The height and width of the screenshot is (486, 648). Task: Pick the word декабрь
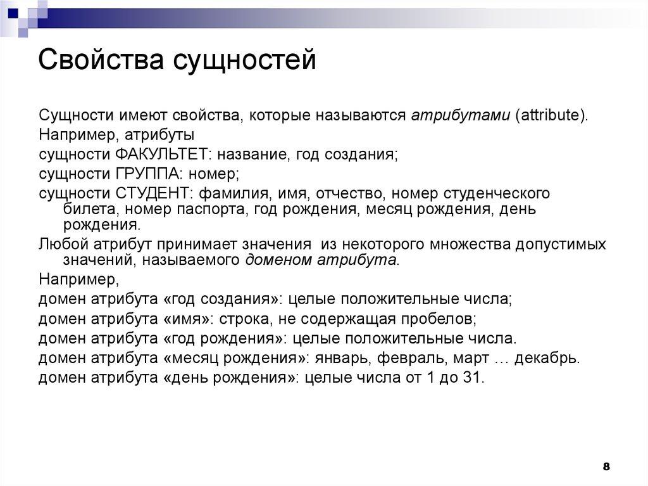546,357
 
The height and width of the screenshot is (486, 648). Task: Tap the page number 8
606,467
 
